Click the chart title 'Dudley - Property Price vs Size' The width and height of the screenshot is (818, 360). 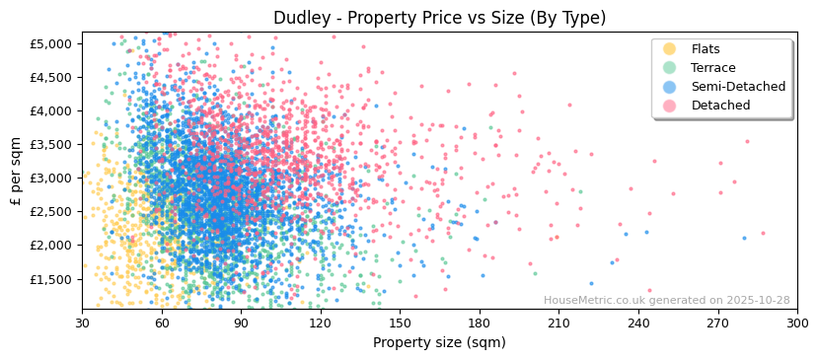(x=439, y=18)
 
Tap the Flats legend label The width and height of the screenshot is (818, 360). (x=706, y=49)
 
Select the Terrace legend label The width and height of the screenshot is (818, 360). (x=713, y=68)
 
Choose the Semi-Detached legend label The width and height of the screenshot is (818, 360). (x=738, y=87)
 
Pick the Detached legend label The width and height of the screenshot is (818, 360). (x=719, y=106)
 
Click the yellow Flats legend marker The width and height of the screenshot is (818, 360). (x=670, y=49)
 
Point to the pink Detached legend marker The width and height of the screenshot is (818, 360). (x=670, y=106)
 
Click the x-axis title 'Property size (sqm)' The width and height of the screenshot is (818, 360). (x=439, y=343)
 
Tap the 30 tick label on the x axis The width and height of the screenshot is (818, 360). (x=83, y=323)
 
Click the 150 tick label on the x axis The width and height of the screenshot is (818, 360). (x=400, y=323)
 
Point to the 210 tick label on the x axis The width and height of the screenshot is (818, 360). (x=558, y=323)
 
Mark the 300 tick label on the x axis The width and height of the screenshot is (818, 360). (x=796, y=323)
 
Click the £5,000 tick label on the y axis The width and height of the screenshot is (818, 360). (x=50, y=44)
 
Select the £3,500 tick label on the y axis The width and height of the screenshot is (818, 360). (x=50, y=145)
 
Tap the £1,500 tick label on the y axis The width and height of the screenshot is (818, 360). (x=50, y=279)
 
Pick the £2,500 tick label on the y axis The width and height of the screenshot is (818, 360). (x=50, y=212)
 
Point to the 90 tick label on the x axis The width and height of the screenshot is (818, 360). (x=241, y=323)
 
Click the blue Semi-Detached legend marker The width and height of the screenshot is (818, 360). (x=670, y=87)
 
